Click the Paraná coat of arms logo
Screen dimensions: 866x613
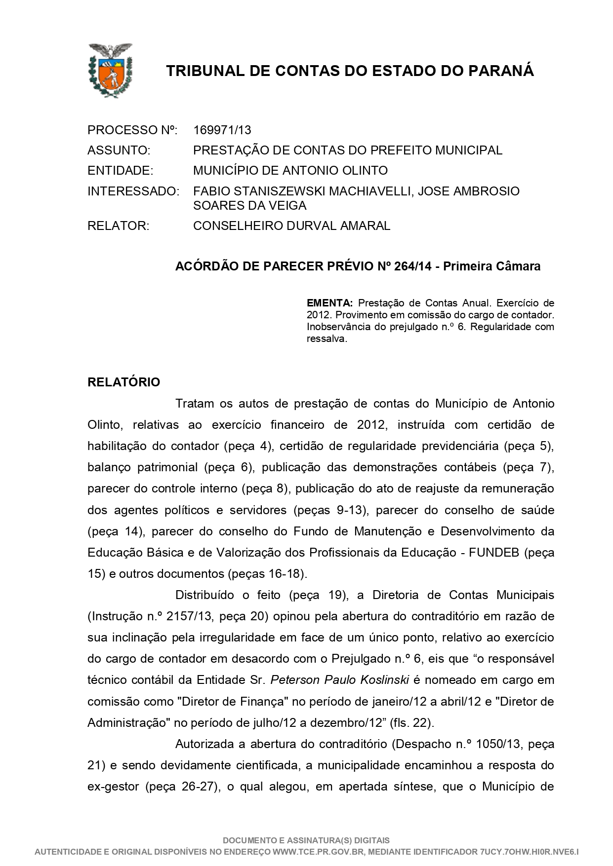pos(110,70)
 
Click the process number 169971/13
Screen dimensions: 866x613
pos(222,130)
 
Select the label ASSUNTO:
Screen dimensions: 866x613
pos(119,150)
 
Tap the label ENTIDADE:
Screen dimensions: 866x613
pos(120,171)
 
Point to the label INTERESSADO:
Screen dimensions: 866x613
pos(133,191)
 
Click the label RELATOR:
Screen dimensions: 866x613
pos(118,226)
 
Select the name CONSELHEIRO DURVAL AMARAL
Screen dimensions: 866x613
pos(291,226)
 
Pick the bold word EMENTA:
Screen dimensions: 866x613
pos(329,302)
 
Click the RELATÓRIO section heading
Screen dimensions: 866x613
pos(123,382)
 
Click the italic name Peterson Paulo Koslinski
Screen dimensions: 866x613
pos(339,680)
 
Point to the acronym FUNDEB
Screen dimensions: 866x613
pos(494,553)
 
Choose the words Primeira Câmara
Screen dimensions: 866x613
pos(491,266)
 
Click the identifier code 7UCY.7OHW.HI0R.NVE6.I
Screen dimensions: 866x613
pos(529,852)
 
